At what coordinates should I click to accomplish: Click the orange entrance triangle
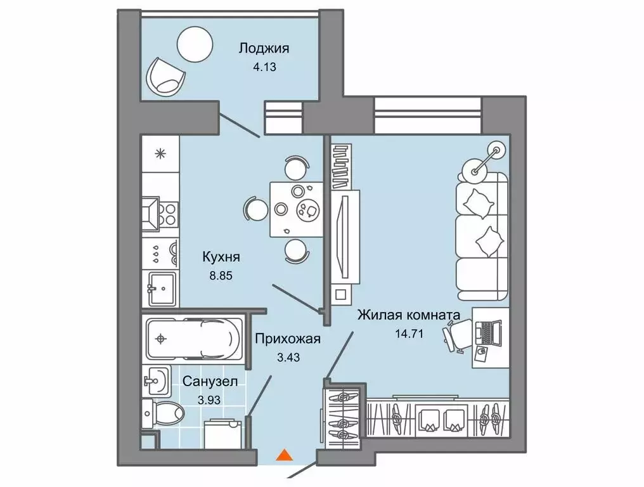pos(284,455)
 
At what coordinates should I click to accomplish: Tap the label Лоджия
pos(264,48)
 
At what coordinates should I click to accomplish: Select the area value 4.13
pos(264,67)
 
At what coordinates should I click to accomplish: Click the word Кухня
pos(221,257)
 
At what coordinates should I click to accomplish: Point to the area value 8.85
pos(221,276)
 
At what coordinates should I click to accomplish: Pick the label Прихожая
pos(288,339)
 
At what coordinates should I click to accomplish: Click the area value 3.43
pos(288,358)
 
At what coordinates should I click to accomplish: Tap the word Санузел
pos(210,381)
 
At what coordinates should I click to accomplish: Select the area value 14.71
pos(409,334)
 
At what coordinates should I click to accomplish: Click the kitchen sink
pos(162,289)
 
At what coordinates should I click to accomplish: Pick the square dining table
pos(296,210)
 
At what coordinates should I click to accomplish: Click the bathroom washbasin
pos(156,381)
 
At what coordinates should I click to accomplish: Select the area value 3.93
pos(209,400)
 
